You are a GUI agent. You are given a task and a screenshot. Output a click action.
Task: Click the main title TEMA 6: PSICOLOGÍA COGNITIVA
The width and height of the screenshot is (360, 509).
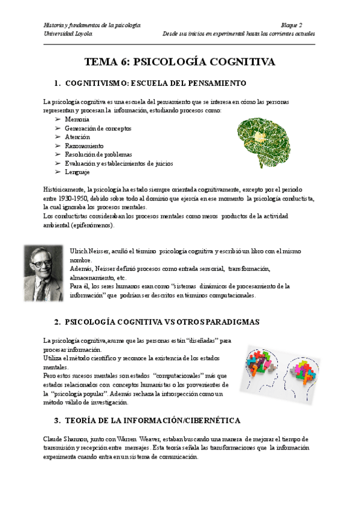[x=180, y=62]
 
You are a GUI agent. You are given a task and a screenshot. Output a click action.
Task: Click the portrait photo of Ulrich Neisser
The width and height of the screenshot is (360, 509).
[x=44, y=273]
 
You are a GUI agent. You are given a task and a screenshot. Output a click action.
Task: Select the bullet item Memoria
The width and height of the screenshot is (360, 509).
[x=77, y=119]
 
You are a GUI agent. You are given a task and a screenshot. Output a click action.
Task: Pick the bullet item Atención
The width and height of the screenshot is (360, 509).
[x=77, y=137]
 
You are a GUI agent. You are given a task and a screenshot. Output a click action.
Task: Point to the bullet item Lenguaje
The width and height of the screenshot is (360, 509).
[x=78, y=172]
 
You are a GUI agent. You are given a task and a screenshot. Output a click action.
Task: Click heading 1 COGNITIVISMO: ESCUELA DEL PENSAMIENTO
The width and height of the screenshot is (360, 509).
[x=155, y=82]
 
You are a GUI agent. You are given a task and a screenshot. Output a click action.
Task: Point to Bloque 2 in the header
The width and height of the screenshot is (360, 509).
[x=292, y=25]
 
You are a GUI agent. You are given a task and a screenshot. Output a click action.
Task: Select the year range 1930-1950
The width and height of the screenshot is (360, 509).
[x=71, y=198]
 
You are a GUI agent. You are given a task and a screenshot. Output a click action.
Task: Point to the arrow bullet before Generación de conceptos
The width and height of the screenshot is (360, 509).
[x=58, y=128]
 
